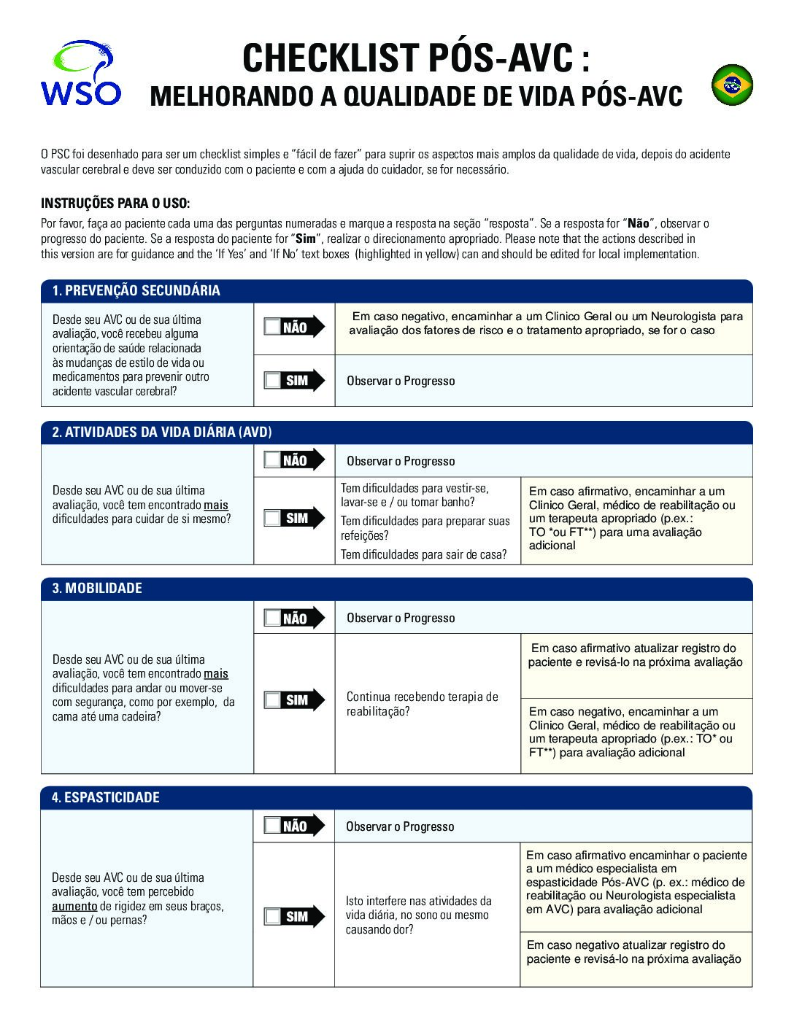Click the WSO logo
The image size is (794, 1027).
pyautogui.click(x=80, y=74)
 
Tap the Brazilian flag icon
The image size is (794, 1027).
pyautogui.click(x=732, y=85)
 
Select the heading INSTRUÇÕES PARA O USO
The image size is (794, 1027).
pyautogui.click(x=115, y=203)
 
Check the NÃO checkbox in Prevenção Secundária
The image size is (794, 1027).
pyautogui.click(x=273, y=327)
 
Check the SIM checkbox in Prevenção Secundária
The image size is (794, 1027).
pyautogui.click(x=273, y=380)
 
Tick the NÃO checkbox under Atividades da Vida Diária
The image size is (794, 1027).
pyautogui.click(x=273, y=460)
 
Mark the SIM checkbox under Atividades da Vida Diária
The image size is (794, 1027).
pyautogui.click(x=273, y=518)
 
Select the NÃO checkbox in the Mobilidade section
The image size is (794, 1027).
pyautogui.click(x=273, y=618)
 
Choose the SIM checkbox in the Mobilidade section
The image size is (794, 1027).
pyautogui.click(x=273, y=700)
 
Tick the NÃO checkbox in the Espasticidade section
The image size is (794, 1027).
pyautogui.click(x=273, y=826)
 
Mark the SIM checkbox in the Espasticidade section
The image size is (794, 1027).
pyautogui.click(x=273, y=916)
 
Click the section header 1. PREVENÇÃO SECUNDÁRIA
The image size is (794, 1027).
pyautogui.click(x=136, y=290)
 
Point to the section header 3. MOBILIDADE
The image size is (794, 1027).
pyautogui.click(x=97, y=588)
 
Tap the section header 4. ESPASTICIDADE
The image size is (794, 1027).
pyautogui.click(x=105, y=797)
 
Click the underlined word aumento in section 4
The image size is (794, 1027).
pyautogui.click(x=74, y=906)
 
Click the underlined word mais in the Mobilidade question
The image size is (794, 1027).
pyautogui.click(x=216, y=674)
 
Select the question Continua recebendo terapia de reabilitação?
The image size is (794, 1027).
pyautogui.click(x=422, y=704)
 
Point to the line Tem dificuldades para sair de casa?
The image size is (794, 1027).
pyautogui.click(x=423, y=554)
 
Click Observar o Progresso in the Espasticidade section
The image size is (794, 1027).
pyautogui.click(x=400, y=826)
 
